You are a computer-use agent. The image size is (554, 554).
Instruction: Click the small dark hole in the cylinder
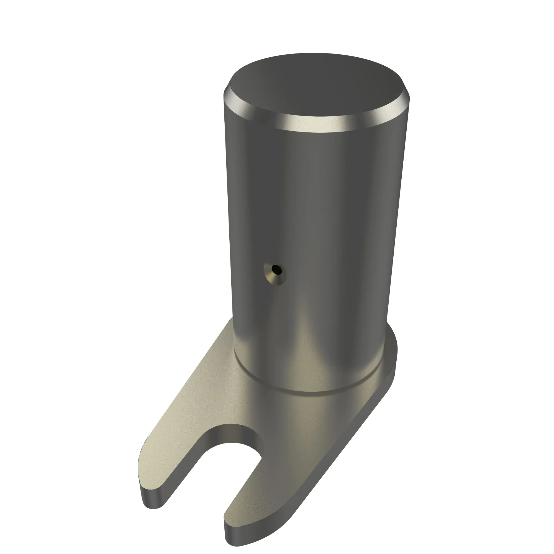point(276,269)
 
